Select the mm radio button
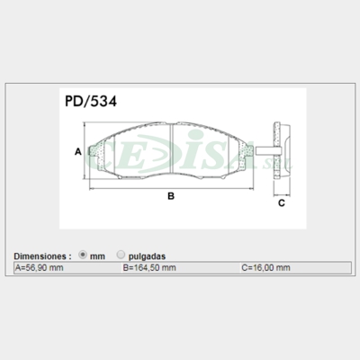pos(83,255)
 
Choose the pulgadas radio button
pos(120,255)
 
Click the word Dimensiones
pos(43,256)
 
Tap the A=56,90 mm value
pos(40,268)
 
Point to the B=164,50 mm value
pos(148,268)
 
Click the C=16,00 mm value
pos(265,268)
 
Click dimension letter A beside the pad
pos(78,151)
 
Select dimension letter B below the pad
pos(170,196)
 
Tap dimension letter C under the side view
pos(281,203)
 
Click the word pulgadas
pos(146,256)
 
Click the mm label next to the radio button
pos(97,256)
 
